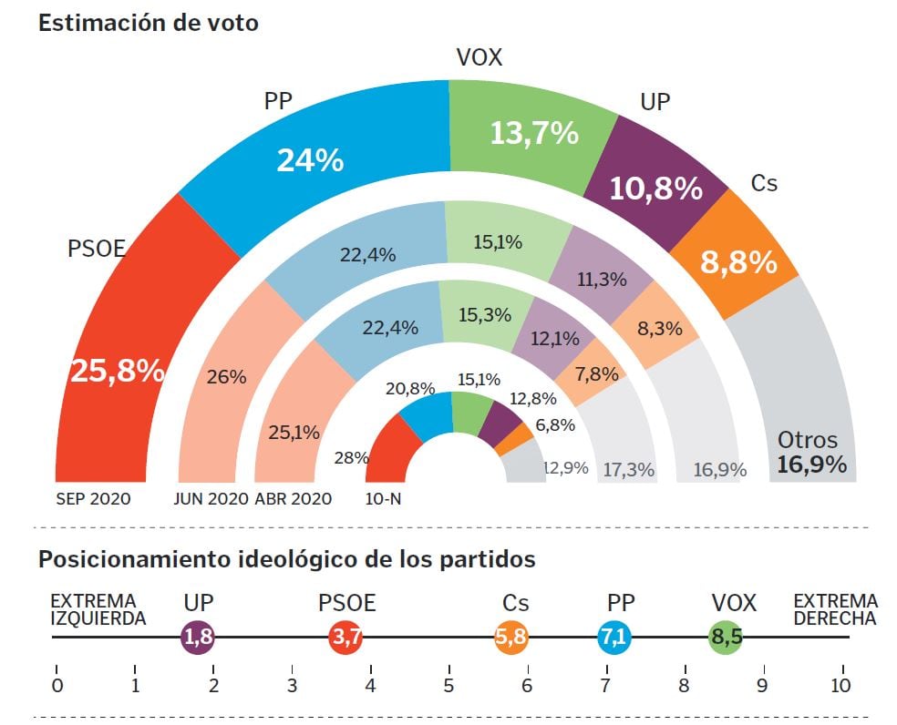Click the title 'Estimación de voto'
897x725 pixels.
point(149,24)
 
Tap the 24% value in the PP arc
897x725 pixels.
point(310,160)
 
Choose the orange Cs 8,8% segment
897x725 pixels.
point(737,262)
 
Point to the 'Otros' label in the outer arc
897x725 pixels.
point(807,440)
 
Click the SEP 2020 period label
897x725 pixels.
point(93,499)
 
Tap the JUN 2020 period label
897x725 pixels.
point(211,499)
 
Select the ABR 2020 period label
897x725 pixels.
point(293,499)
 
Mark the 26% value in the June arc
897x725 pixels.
point(227,375)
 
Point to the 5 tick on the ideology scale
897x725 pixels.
point(448,684)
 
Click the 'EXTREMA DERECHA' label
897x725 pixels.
point(835,609)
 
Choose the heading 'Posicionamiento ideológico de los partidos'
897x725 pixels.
point(286,559)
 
